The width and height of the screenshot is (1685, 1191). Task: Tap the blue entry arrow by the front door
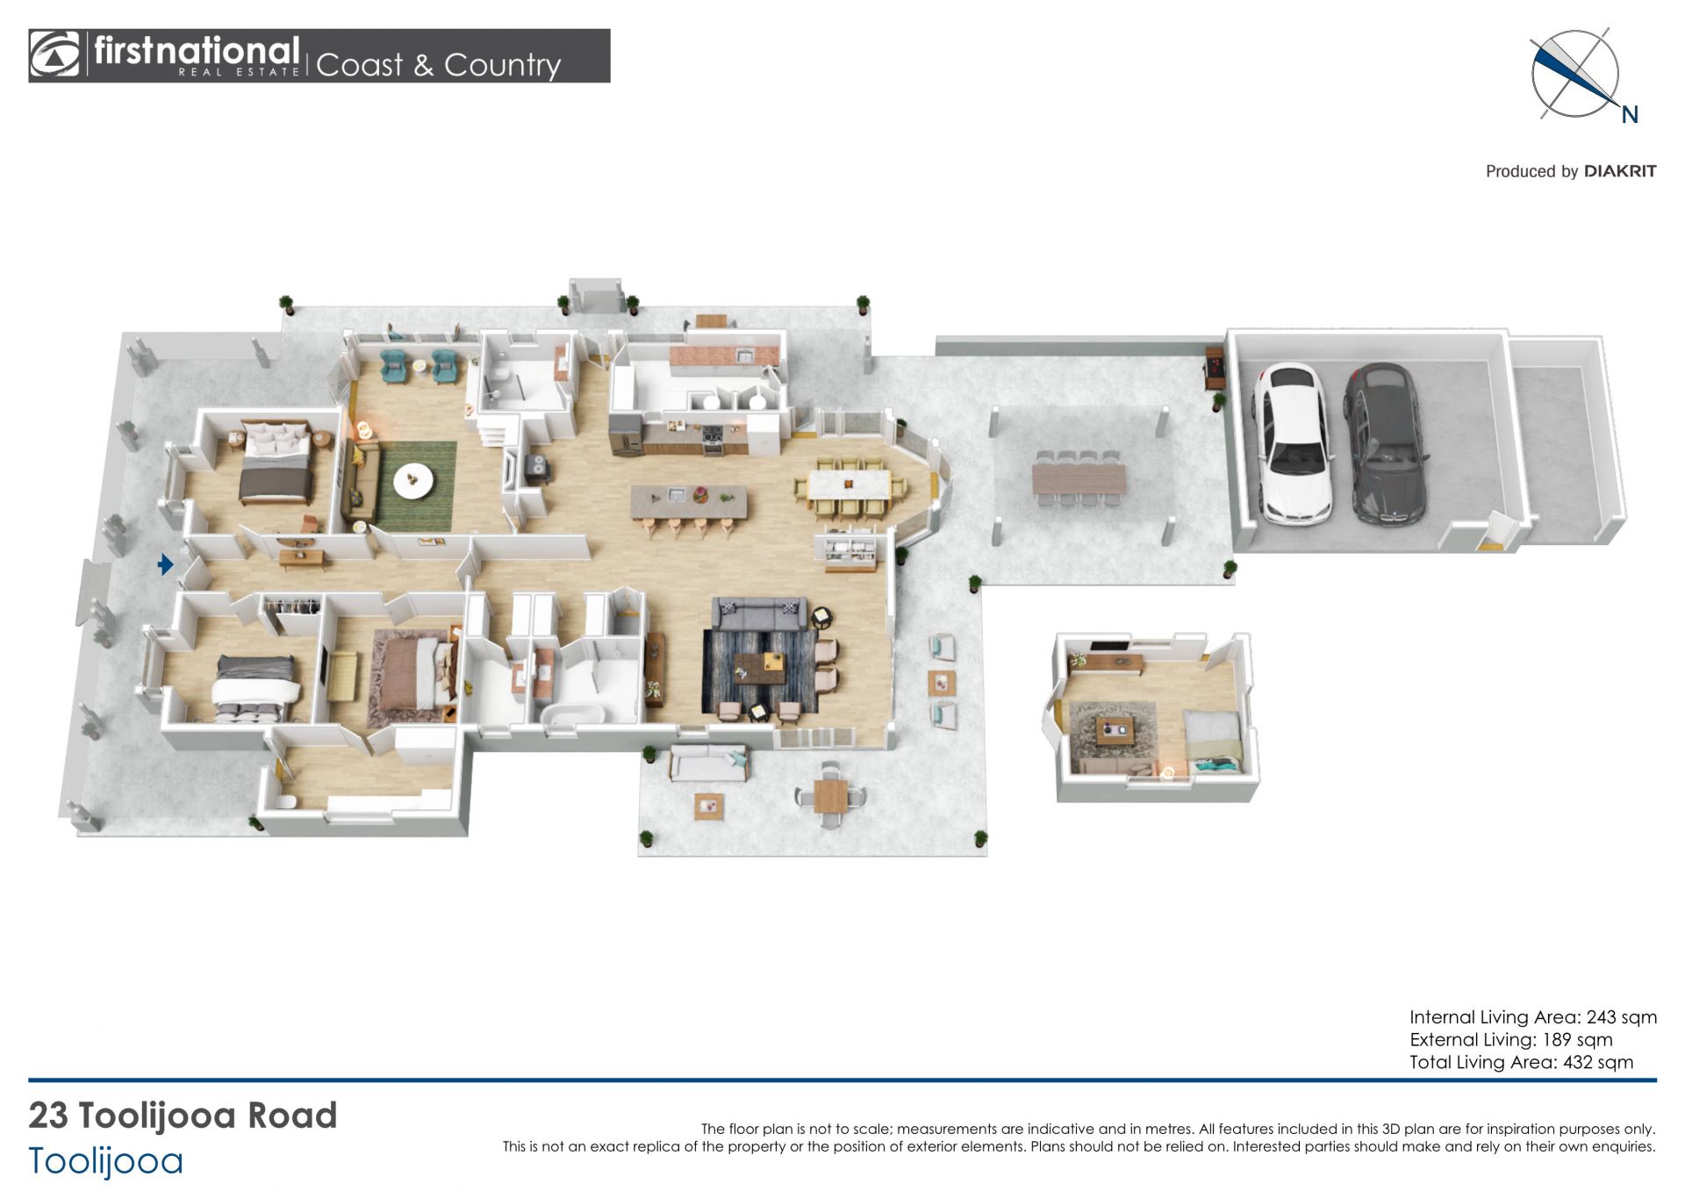tap(165, 564)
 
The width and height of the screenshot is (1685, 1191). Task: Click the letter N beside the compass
tap(1630, 115)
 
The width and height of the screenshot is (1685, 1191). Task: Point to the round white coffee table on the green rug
tap(412, 480)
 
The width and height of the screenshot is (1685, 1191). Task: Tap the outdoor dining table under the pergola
tap(1079, 478)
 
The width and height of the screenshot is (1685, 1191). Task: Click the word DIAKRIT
tap(1620, 171)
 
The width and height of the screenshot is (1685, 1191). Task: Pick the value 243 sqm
tap(1622, 1017)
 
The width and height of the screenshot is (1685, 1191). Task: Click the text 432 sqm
tap(1598, 1062)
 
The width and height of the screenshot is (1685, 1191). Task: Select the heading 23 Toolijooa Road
tap(183, 1116)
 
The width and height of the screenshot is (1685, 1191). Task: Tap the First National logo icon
tap(54, 54)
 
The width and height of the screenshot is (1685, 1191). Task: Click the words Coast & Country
tap(438, 64)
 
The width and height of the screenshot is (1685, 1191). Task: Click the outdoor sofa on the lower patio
tap(709, 763)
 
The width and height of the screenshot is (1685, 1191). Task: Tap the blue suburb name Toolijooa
tap(106, 1161)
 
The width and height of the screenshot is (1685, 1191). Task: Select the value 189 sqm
tap(1578, 1040)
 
